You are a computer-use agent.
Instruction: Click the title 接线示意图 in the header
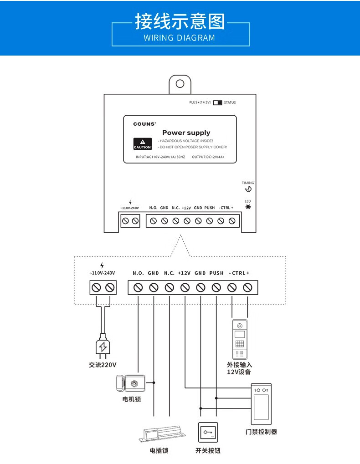pos(180,21)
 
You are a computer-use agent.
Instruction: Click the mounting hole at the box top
pos(180,84)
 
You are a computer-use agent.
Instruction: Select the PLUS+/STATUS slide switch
pos(217,102)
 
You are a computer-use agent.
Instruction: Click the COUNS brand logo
pos(144,124)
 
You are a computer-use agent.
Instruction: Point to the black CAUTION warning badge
pos(142,144)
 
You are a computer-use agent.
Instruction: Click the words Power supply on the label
pos(186,133)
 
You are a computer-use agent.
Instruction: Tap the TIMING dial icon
pos(248,189)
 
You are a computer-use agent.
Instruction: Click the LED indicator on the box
pos(248,206)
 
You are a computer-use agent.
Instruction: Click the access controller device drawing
pos(261,404)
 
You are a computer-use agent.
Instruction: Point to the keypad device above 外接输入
pos(240,339)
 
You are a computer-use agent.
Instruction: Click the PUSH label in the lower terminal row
pos(216,273)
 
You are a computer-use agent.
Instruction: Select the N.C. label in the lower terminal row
pos(169,273)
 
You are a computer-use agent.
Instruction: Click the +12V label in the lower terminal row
pos(185,273)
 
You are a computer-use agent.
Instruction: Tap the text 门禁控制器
pos(261,431)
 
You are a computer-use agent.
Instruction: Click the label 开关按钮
pos(208,451)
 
